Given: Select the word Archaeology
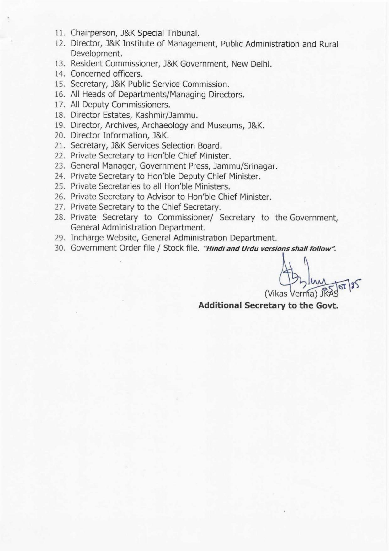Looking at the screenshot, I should pyautogui.click(x=165, y=125).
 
